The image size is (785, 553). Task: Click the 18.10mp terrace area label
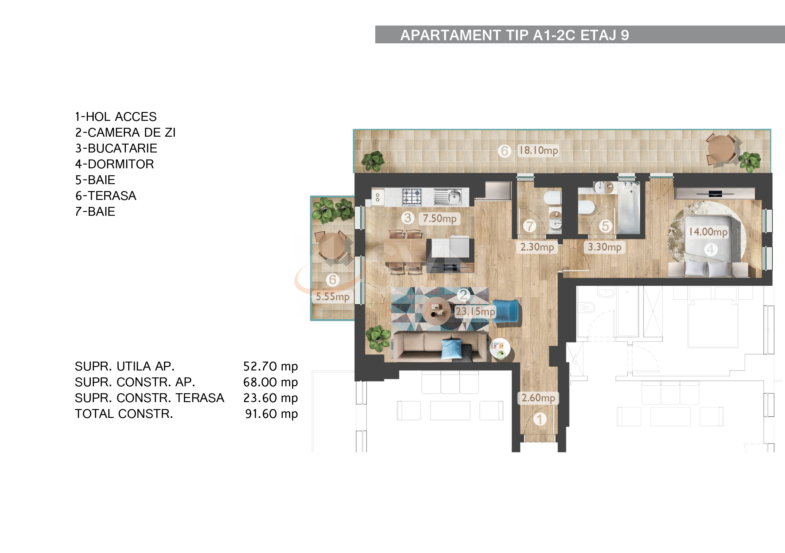point(538,150)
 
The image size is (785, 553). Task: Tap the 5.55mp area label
point(332,297)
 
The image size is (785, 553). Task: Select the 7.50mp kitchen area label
point(439,218)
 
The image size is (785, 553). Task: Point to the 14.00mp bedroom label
point(708,232)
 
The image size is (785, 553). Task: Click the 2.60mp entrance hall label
point(538,398)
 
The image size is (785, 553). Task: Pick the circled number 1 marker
point(539,419)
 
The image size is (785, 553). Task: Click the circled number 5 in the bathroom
point(605,226)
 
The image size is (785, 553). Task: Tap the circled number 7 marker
point(530,226)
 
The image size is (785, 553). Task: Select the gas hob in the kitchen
point(411,197)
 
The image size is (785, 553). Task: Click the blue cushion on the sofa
point(451,349)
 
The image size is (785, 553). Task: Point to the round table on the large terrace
point(721,149)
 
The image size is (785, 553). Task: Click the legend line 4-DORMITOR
point(115,165)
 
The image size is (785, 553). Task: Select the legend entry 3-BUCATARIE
point(116,148)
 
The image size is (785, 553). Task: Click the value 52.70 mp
point(270,366)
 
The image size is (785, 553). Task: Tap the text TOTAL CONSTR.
point(124,414)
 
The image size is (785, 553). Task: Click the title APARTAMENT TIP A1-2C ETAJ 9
point(515,35)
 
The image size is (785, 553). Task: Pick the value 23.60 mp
point(270,398)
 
